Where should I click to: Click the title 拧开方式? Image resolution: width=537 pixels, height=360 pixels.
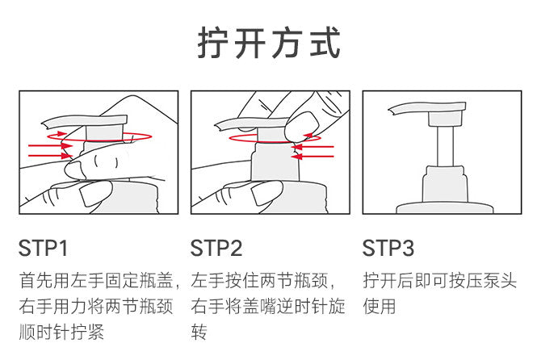point(269,44)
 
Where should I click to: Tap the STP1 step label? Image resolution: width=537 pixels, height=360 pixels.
point(43,248)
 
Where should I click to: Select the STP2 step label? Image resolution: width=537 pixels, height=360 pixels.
point(216,248)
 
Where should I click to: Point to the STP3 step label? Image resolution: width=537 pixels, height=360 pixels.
point(388,248)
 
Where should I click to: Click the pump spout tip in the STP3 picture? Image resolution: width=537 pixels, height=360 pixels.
point(391,111)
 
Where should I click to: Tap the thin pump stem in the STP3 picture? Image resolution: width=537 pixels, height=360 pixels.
point(445,146)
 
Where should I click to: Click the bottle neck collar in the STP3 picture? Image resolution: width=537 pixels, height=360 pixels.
point(444,184)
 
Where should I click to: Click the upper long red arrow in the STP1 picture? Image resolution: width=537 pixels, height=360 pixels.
point(51,146)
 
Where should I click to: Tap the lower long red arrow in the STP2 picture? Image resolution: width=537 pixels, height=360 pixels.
point(313,157)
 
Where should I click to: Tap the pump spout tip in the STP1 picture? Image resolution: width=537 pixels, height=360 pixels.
point(44,124)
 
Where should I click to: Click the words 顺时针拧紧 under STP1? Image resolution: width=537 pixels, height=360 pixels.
point(61,332)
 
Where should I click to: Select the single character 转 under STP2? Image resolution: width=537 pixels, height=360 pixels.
point(199,332)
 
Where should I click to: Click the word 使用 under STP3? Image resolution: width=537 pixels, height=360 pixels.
point(380,306)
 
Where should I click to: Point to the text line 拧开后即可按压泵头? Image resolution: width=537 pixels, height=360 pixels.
point(440,281)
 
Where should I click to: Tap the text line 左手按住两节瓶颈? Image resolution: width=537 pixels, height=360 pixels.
point(259,281)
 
